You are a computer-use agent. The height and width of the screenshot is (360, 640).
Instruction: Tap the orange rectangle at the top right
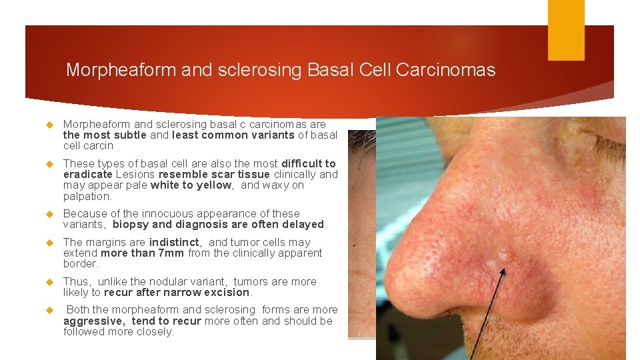tap(565, 30)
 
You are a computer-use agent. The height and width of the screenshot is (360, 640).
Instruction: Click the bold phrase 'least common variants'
tap(233, 135)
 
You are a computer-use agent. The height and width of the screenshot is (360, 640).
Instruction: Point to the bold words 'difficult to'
tap(309, 164)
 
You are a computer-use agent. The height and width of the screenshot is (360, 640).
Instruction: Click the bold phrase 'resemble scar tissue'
tap(213, 175)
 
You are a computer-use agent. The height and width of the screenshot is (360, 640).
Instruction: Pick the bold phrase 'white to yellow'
tap(191, 185)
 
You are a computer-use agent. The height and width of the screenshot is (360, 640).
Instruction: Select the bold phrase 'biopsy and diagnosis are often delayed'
tap(218, 225)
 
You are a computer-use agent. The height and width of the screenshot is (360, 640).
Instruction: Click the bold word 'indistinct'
tap(175, 243)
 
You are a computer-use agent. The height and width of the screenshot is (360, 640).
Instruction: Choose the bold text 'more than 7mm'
tap(143, 253)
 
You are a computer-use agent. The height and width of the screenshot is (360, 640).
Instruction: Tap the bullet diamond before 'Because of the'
tap(48, 214)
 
